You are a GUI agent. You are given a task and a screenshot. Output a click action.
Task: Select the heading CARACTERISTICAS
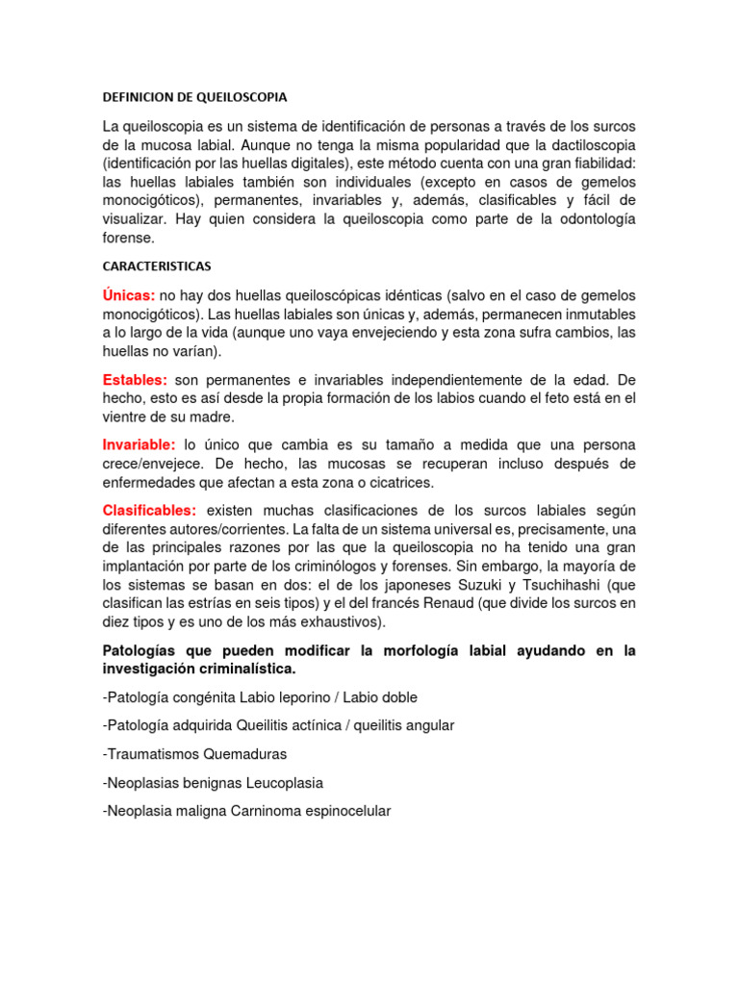tap(157, 265)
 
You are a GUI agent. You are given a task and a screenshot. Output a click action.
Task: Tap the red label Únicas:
tap(129, 294)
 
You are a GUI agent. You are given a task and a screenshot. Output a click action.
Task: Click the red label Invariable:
tap(139, 445)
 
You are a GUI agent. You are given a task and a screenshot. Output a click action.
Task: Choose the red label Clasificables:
tap(149, 510)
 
